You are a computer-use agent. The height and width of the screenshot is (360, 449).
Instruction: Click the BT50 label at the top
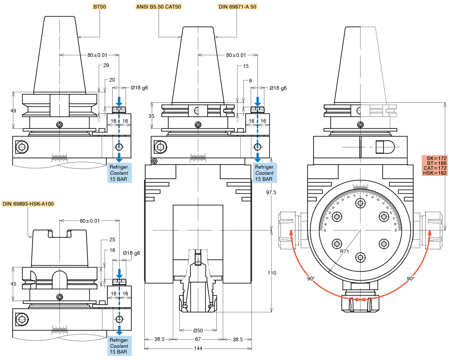click(100, 7)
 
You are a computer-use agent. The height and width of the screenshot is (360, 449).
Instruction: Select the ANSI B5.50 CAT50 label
click(158, 7)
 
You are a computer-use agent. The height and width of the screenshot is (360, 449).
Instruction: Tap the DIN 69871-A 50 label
click(237, 7)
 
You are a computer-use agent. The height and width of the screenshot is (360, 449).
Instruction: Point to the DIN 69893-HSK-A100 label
click(28, 204)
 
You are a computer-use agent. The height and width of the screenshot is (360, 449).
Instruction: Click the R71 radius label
click(345, 252)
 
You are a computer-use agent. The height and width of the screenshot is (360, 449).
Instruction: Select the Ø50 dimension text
click(198, 330)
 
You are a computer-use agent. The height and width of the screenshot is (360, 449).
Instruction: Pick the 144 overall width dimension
click(198, 349)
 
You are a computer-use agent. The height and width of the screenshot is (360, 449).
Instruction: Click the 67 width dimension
click(198, 339)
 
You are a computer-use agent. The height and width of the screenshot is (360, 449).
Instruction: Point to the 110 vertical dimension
click(272, 273)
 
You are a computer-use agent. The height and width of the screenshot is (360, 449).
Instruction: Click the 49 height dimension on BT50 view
click(13, 111)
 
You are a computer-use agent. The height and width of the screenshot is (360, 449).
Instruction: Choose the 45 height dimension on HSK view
click(13, 284)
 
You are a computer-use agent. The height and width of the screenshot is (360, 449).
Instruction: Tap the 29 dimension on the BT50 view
click(106, 65)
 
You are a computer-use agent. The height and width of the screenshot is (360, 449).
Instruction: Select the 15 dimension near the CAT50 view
click(246, 66)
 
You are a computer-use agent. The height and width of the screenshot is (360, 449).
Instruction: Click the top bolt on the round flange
click(360, 203)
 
